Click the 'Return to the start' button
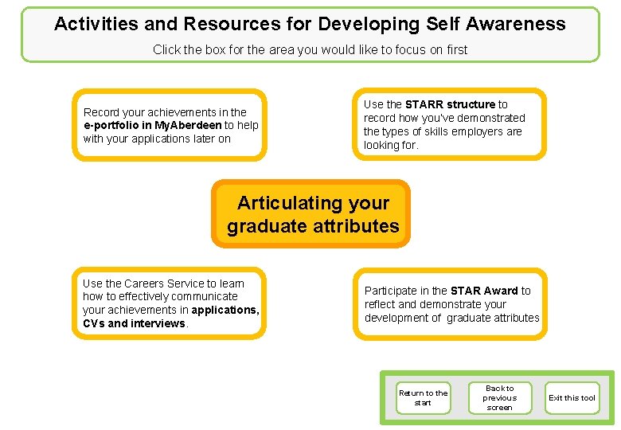tap(423, 397)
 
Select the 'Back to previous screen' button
tap(499, 397)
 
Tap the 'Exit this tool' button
tap(571, 397)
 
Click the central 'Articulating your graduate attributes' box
tap(312, 214)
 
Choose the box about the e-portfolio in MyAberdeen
tap(170, 125)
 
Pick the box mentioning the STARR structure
tap(450, 124)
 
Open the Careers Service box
tap(170, 303)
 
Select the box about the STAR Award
tap(450, 304)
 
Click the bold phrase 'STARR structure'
tap(450, 104)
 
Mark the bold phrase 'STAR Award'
tap(484, 291)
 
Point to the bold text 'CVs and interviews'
tap(133, 323)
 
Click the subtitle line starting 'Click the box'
tap(310, 49)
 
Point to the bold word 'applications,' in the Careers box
tap(225, 310)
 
